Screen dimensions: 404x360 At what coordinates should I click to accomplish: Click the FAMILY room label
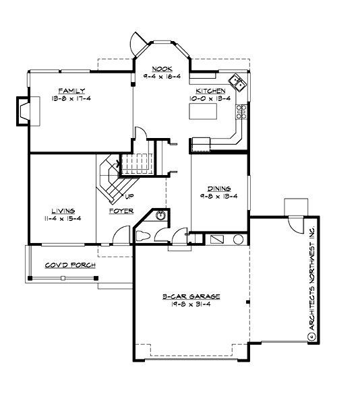[71, 90]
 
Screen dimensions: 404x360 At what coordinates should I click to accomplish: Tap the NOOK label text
[162, 69]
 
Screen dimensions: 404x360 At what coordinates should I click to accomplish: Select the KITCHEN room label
[210, 90]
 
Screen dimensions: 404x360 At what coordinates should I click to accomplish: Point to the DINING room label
[220, 189]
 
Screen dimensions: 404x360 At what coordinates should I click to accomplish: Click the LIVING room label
[62, 210]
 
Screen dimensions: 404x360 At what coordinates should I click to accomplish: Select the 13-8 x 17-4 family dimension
[71, 98]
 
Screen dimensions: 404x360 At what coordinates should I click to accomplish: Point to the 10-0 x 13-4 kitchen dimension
[210, 98]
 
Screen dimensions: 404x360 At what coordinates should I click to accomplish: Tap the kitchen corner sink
[237, 83]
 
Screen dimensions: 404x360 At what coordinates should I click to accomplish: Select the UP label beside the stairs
[129, 197]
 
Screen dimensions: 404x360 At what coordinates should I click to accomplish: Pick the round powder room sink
[160, 215]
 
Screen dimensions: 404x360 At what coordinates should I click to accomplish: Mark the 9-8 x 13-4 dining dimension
[220, 197]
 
